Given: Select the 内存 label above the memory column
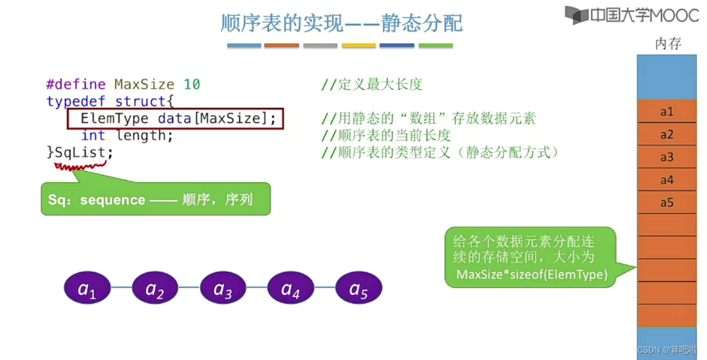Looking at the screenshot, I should click(x=667, y=44).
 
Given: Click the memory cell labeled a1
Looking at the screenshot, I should click(x=667, y=112).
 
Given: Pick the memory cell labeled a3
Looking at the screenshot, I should click(x=667, y=157).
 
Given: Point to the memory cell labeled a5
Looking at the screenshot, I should click(x=667, y=203).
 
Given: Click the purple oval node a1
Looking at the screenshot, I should click(x=88, y=289).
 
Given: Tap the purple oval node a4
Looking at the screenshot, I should click(x=290, y=289).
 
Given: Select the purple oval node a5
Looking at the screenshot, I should click(x=358, y=289).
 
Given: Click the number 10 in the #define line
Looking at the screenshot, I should click(x=192, y=85).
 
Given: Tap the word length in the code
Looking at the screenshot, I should click(x=144, y=136).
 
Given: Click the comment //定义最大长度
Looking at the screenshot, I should click(x=372, y=85).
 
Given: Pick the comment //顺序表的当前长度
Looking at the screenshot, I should click(x=386, y=136).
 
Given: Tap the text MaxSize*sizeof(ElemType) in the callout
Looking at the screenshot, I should click(x=532, y=275).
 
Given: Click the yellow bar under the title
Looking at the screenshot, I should click(x=358, y=46).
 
